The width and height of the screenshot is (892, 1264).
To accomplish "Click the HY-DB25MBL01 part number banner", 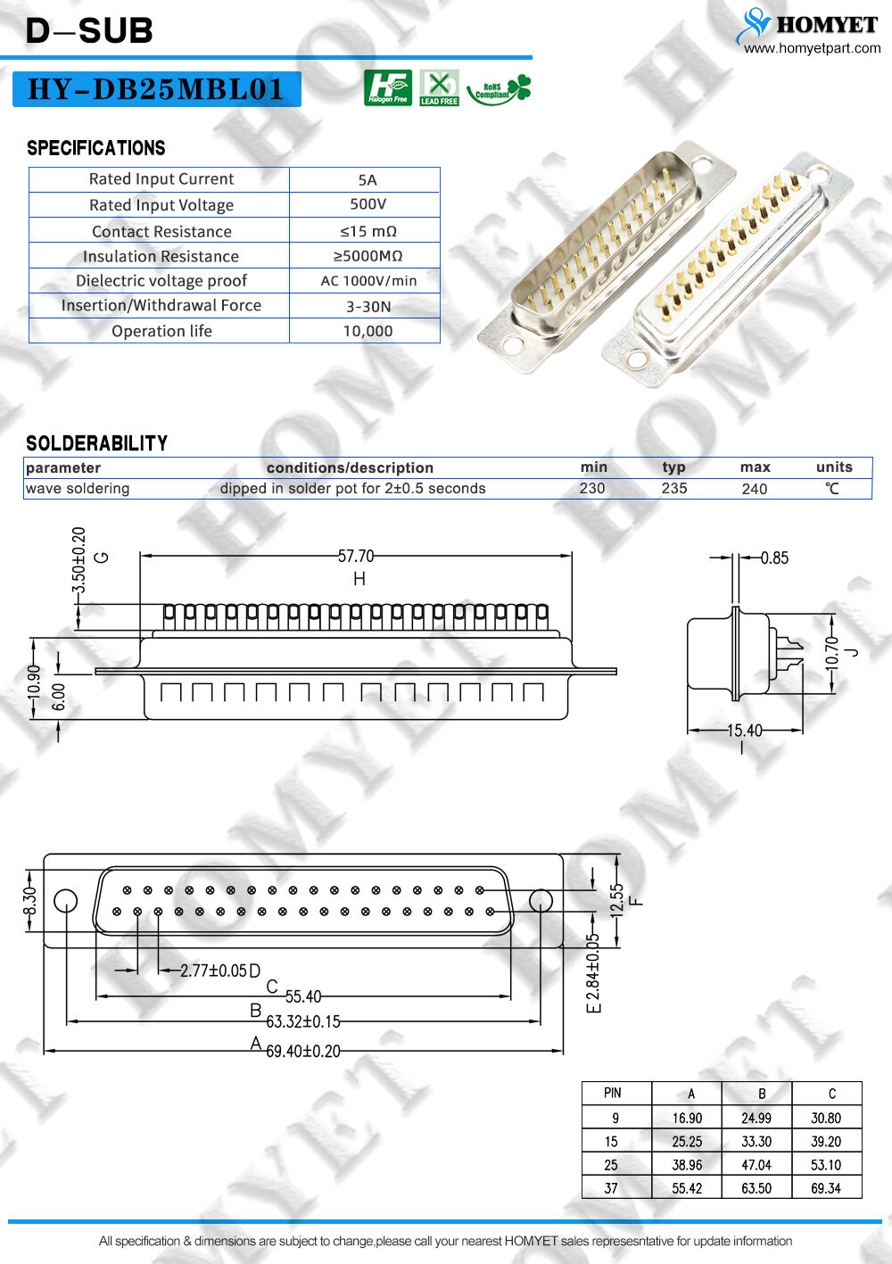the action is (x=156, y=89).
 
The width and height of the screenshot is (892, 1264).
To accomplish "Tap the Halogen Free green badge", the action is (x=388, y=87).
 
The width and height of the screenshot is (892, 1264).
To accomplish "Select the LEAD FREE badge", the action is (x=439, y=87).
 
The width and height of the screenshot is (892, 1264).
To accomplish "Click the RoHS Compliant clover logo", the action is (x=499, y=89).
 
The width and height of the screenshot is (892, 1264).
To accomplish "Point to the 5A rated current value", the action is (x=368, y=180).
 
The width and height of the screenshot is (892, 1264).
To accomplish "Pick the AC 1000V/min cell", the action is (x=368, y=280).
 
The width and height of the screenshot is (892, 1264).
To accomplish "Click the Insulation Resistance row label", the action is (x=161, y=256).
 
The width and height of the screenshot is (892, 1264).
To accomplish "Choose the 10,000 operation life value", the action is (x=368, y=331).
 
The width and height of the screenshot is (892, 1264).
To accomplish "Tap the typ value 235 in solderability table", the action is (x=674, y=488).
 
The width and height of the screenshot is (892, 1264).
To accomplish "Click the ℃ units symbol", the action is (x=832, y=488).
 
